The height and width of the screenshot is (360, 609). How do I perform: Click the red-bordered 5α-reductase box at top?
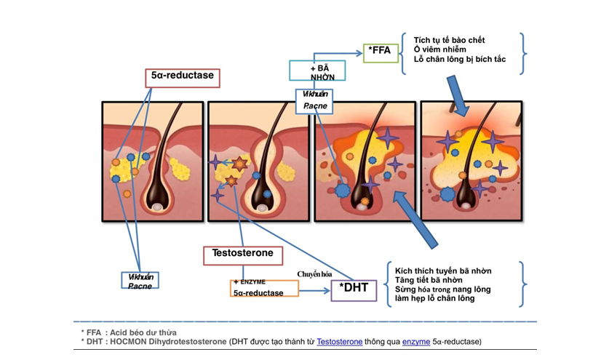pyautogui.click(x=182, y=77)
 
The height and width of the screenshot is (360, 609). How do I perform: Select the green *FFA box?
pyautogui.click(x=381, y=51)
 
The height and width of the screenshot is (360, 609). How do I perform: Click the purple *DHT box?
pyautogui.click(x=354, y=288)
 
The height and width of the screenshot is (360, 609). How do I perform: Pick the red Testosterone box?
pyautogui.click(x=242, y=255)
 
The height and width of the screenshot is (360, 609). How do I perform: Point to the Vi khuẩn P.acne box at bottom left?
pyautogui.click(x=140, y=281)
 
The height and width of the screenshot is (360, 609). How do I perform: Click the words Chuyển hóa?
pyautogui.click(x=314, y=273)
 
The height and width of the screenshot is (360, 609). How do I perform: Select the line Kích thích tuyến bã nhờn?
pyautogui.click(x=438, y=271)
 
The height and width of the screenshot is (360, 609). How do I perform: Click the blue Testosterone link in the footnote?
pyautogui.click(x=341, y=340)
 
